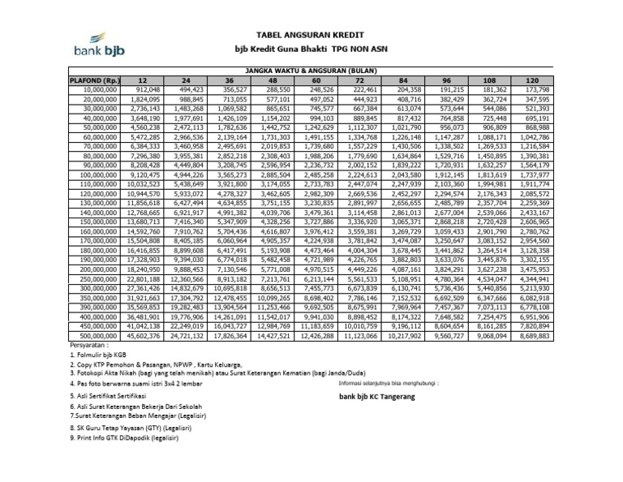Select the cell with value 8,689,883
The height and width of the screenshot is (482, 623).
[532, 334]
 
